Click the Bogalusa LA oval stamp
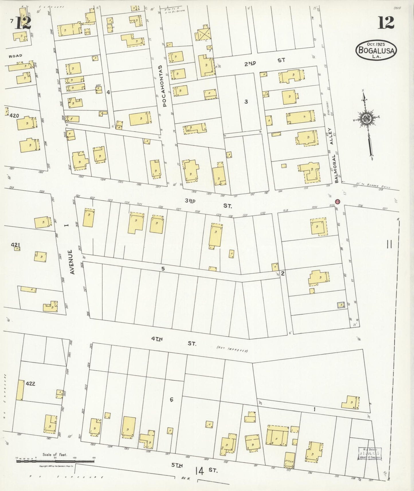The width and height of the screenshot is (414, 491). coord(376,50)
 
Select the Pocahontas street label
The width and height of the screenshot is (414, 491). coord(164,86)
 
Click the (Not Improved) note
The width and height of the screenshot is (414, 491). coord(232,349)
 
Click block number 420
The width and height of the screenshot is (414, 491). coord(14,116)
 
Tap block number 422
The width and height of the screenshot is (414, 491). coord(30,384)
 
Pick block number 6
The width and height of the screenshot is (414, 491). coord(171,400)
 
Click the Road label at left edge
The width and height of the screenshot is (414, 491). coord(15,56)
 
